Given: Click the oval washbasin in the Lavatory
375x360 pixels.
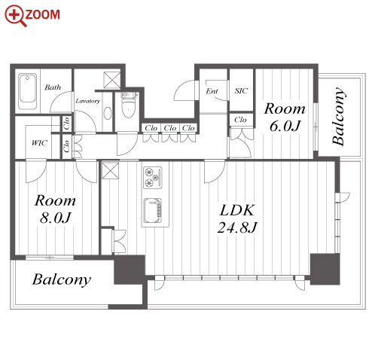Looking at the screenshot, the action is pyautogui.click(x=108, y=113).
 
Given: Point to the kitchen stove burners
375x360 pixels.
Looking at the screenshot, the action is pyautogui.click(x=152, y=177).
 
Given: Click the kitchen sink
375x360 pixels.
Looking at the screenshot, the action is pyautogui.click(x=152, y=210).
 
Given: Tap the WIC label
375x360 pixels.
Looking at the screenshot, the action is pyautogui.click(x=39, y=143).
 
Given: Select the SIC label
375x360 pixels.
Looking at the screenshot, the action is pyautogui.click(x=241, y=90).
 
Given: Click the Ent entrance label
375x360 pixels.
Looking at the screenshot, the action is pyautogui.click(x=212, y=91).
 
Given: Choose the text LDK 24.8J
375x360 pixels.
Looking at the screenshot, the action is pyautogui.click(x=237, y=218).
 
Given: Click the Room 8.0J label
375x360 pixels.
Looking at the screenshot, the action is pyautogui.click(x=55, y=209).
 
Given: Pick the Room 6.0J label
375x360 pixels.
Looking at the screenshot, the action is pyautogui.click(x=285, y=117).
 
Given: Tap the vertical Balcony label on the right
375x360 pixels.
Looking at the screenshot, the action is pyautogui.click(x=338, y=116).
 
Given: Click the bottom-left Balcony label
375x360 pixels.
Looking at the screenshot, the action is pyautogui.click(x=62, y=279).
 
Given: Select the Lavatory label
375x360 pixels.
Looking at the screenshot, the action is pyautogui.click(x=87, y=101).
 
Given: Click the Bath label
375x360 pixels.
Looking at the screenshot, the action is pyautogui.click(x=53, y=87).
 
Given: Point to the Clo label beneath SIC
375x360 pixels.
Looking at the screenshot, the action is pyautogui.click(x=240, y=120).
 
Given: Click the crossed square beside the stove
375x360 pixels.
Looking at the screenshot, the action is pyautogui.click(x=110, y=170).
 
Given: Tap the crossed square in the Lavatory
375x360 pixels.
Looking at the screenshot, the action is pyautogui.click(x=112, y=80).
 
